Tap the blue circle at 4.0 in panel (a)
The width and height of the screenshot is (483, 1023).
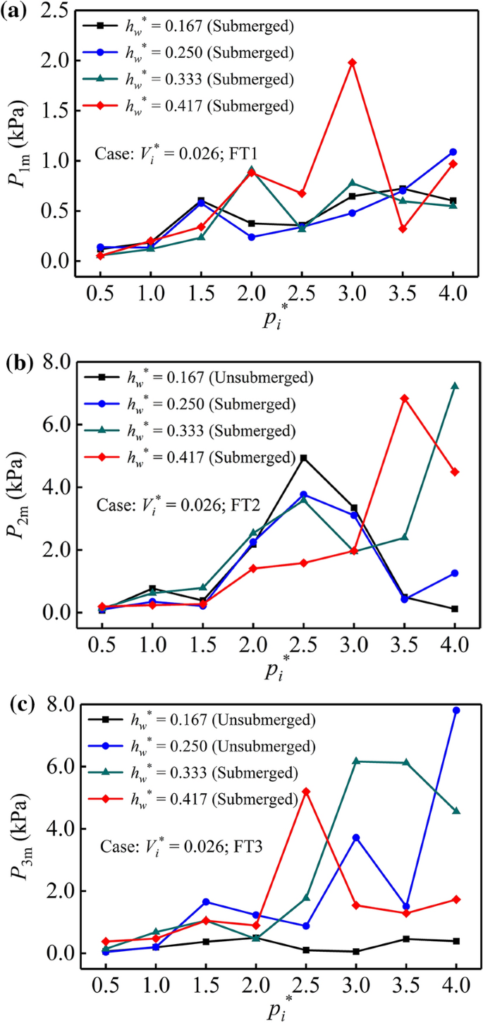click(x=453, y=152)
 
